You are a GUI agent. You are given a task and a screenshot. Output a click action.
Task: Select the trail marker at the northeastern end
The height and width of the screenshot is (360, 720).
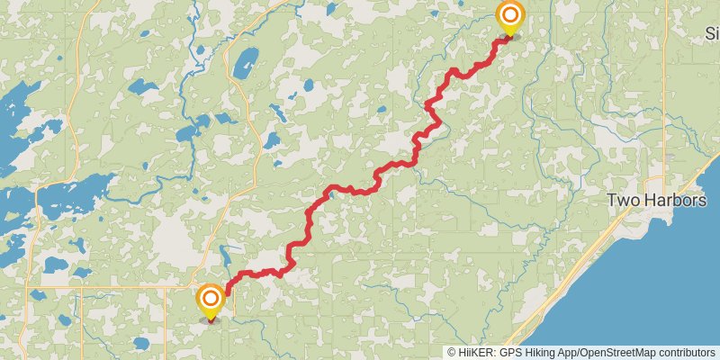pyautogui.click(x=510, y=15)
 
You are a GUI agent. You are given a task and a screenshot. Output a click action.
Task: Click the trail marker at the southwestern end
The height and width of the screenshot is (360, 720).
pyautogui.click(x=211, y=299)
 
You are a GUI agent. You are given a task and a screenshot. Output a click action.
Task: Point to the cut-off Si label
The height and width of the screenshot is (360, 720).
pyautogui.click(x=711, y=33)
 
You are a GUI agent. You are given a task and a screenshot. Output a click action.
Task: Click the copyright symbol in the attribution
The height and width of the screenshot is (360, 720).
pyautogui.click(x=452, y=352)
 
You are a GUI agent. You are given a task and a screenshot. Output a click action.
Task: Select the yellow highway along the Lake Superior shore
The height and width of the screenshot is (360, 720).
pyautogui.click(x=576, y=270)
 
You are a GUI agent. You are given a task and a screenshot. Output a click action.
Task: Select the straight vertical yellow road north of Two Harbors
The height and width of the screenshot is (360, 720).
pyautogui.click(x=666, y=90)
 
